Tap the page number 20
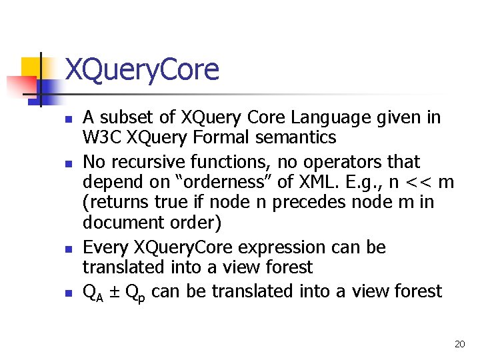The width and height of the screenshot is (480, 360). click(x=459, y=344)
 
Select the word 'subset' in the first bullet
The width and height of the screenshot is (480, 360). click(x=129, y=118)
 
